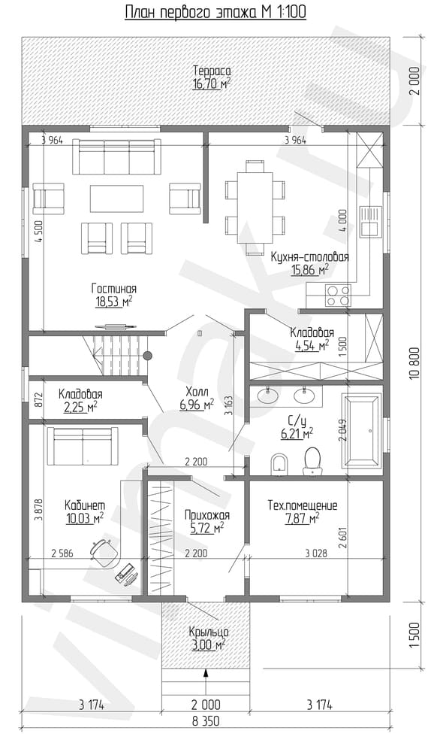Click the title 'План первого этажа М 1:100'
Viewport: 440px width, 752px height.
click(215, 13)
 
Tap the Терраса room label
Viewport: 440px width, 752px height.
click(209, 71)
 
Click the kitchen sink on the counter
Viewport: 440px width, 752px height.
click(371, 221)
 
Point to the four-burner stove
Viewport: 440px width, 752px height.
click(338, 295)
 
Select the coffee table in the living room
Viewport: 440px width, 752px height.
click(117, 199)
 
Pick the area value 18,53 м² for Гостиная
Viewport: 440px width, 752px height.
click(114, 302)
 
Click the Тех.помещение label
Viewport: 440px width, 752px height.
click(302, 505)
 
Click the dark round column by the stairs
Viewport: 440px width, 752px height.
click(148, 356)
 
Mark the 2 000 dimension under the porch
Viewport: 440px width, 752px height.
click(206, 705)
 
